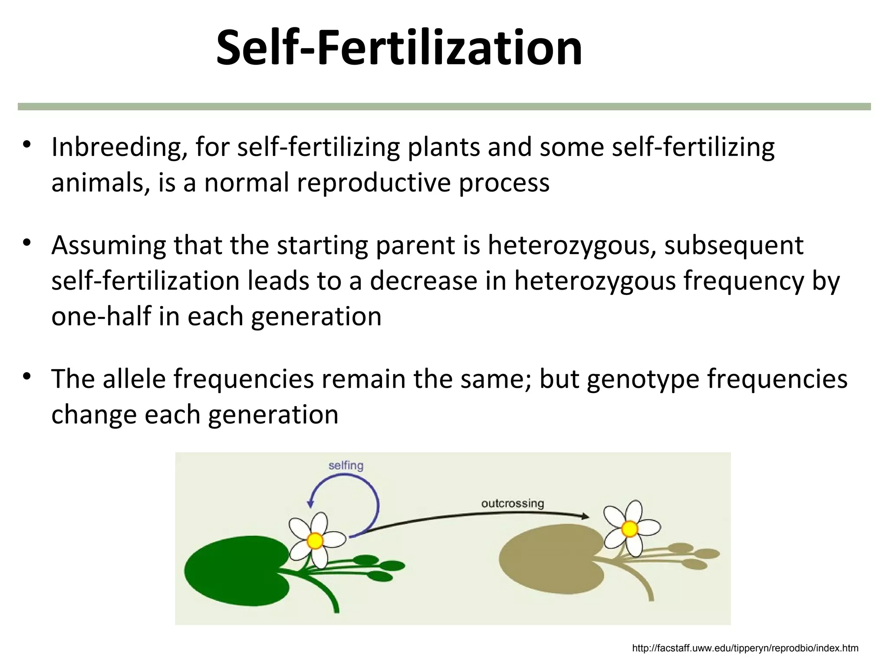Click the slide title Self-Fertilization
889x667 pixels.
tap(399, 47)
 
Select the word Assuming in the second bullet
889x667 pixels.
tap(109, 245)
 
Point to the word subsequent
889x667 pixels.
tap(734, 245)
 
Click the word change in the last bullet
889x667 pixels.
tap(94, 414)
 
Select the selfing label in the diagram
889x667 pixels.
tap(346, 466)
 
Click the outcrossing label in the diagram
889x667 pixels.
tap(512, 503)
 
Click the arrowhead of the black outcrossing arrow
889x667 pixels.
tap(585, 516)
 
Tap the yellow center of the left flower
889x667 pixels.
tap(315, 541)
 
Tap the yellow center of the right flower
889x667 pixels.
tap(629, 529)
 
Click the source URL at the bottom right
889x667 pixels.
tap(745, 648)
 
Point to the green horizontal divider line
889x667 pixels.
tap(444, 106)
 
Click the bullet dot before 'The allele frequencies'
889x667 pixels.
tap(27, 376)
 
